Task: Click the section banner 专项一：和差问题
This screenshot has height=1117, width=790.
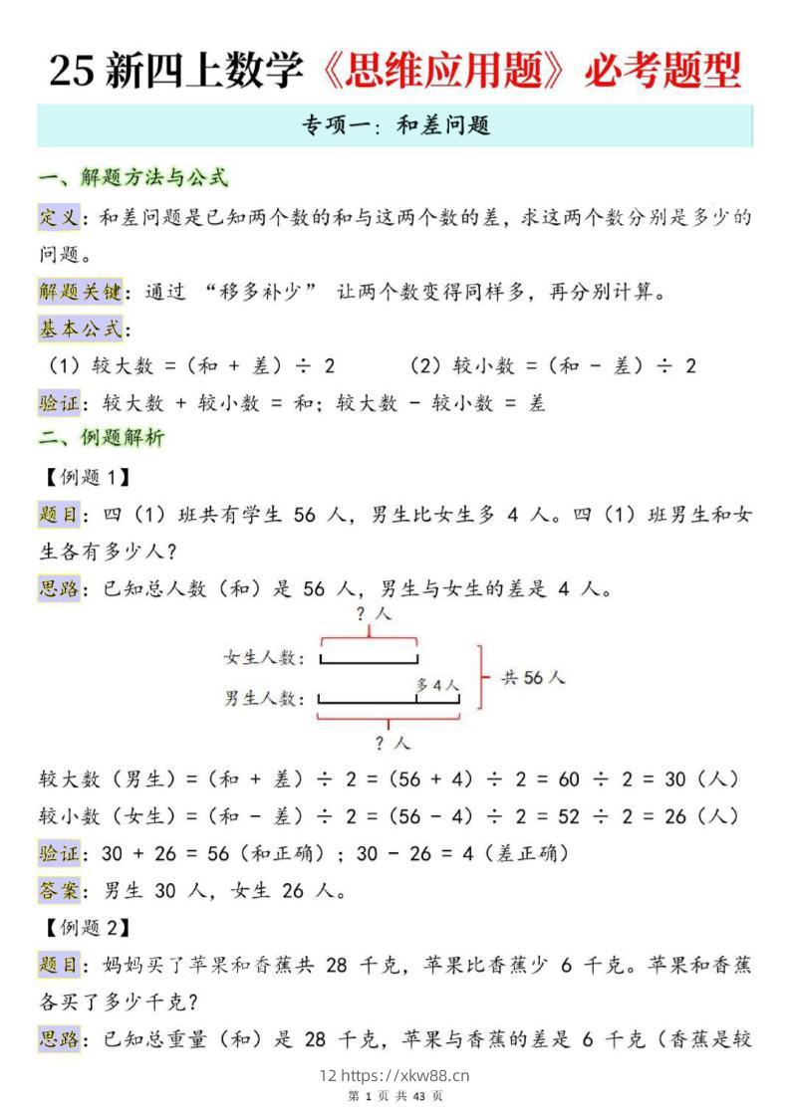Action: [395, 125]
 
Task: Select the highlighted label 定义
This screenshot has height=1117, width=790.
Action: [59, 217]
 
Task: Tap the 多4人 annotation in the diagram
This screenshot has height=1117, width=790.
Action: [437, 685]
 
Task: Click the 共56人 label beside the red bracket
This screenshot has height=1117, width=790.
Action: [533, 678]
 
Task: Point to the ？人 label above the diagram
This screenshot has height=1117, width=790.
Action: [374, 614]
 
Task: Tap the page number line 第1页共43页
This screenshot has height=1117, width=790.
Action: [395, 1096]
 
